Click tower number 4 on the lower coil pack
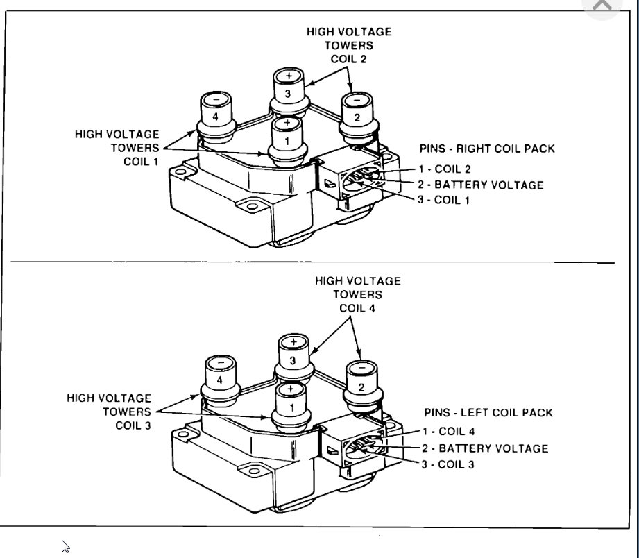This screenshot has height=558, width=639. tap(221, 379)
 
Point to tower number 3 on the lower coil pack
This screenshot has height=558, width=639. tap(293, 357)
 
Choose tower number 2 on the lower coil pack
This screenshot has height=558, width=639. tap(361, 385)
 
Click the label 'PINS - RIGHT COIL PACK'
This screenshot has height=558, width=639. tap(487, 149)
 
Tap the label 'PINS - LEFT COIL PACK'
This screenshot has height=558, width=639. tap(488, 413)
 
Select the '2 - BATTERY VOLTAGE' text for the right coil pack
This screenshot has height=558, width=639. tap(480, 185)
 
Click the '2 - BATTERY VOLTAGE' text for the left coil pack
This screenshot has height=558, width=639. tap(484, 449)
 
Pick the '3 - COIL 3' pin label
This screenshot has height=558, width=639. tap(448, 464)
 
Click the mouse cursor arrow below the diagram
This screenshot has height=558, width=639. tap(65, 546)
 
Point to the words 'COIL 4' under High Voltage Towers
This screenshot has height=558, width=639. tap(357, 308)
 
